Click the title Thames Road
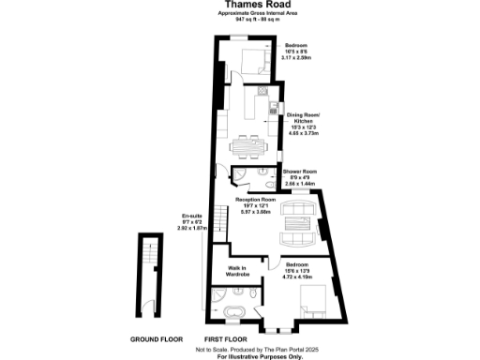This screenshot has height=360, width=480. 239,7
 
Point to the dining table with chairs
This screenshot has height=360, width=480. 249,145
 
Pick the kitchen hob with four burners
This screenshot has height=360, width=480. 258,99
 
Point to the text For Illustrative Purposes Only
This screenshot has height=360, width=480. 241,356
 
